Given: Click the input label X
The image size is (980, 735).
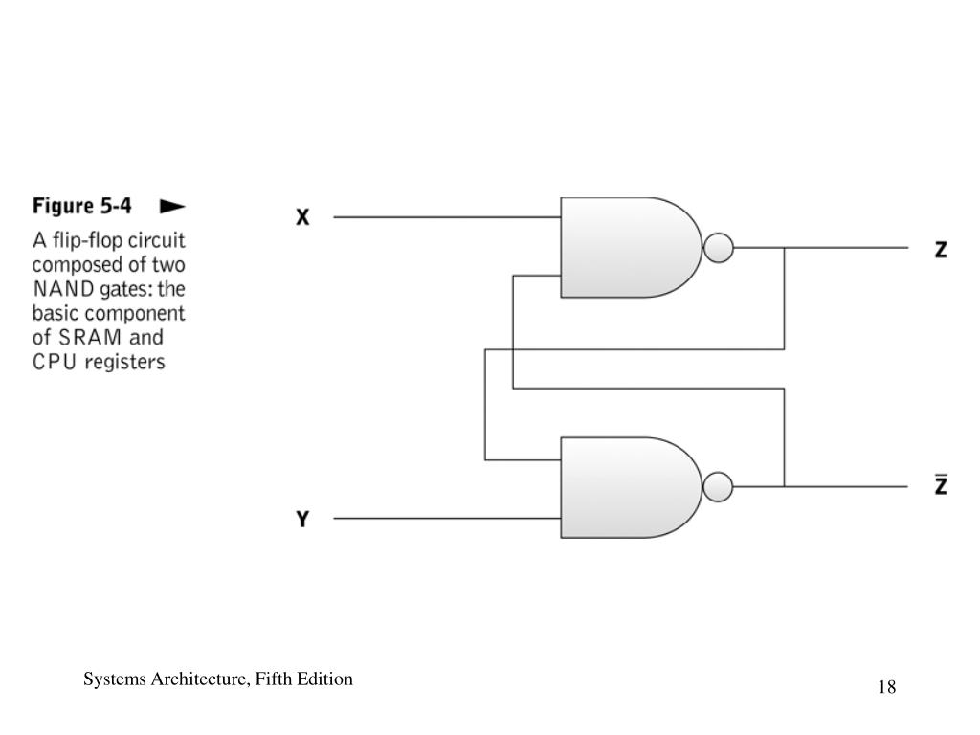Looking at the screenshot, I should pyautogui.click(x=302, y=217).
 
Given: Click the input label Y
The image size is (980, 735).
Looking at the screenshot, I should pyautogui.click(x=302, y=520).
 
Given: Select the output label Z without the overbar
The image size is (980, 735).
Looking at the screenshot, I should pyautogui.click(x=941, y=250).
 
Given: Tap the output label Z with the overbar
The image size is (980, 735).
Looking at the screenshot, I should pyautogui.click(x=941, y=486).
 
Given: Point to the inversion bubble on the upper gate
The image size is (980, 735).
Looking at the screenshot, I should pyautogui.click(x=719, y=248).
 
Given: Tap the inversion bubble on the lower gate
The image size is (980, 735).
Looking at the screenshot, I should pyautogui.click(x=719, y=487).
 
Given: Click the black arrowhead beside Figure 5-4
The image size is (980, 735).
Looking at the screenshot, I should pyautogui.click(x=172, y=206).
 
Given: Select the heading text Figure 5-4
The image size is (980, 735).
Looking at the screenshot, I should pyautogui.click(x=82, y=206).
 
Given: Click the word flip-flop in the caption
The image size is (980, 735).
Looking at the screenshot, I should pyautogui.click(x=89, y=238).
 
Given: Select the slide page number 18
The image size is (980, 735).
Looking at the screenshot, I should pyautogui.click(x=886, y=687).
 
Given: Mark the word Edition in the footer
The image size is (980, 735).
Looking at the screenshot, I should pyautogui.click(x=327, y=679).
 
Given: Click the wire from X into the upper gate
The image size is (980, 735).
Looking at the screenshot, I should pyautogui.click(x=446, y=217).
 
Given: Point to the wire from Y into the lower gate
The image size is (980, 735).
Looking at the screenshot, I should pyautogui.click(x=446, y=519).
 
